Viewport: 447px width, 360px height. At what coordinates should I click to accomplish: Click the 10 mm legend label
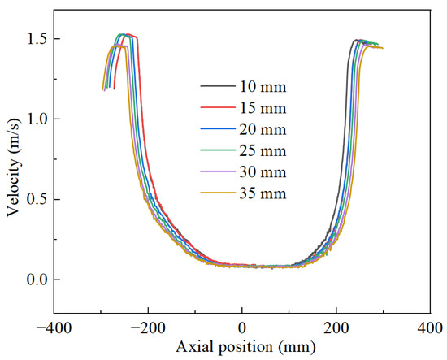263,87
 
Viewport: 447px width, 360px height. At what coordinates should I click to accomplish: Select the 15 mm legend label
263,108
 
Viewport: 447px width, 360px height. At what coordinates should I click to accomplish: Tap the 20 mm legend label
263,129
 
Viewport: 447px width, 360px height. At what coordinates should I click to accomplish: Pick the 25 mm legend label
263,151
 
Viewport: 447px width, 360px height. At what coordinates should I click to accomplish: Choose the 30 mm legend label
263,172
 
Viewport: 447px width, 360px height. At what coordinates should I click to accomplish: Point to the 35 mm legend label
263,193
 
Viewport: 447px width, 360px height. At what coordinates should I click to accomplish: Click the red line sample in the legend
218,107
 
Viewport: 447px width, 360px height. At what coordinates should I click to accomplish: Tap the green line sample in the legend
218,150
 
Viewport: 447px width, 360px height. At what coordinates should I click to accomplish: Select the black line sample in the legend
218,86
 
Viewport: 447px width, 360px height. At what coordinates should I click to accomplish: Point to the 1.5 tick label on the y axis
37,38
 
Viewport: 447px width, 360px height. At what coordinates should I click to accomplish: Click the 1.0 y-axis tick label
37,119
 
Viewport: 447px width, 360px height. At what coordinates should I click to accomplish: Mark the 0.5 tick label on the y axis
37,199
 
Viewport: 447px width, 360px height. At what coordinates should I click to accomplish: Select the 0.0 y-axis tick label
37,280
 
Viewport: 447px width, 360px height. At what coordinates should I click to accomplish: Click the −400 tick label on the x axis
54,328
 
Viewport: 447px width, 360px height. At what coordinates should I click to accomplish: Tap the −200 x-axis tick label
148,328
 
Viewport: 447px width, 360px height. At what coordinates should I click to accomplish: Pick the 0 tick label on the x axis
242,328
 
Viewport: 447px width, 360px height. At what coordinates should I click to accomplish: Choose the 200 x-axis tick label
336,328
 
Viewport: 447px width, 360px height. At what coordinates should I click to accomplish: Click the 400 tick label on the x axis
431,328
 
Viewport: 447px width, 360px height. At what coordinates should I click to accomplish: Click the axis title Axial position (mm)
245,347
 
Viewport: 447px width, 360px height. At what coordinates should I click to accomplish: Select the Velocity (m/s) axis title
13,167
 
